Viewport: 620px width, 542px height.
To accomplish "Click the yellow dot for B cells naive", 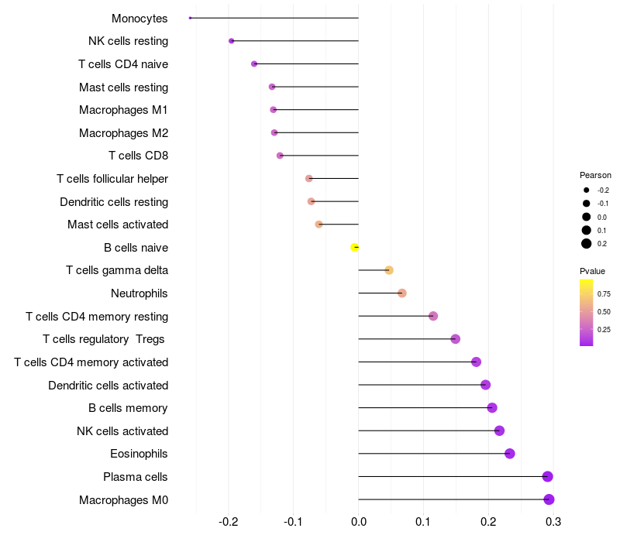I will click(355, 247).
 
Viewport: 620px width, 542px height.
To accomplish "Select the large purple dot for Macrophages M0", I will click(549, 499).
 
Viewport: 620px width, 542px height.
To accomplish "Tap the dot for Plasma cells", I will click(548, 477).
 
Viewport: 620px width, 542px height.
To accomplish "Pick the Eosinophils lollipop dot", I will click(509, 454).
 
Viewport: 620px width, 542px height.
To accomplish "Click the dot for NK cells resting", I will click(231, 41).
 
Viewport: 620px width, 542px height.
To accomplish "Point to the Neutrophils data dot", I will click(401, 293).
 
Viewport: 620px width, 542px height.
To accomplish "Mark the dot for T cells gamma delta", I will click(389, 270).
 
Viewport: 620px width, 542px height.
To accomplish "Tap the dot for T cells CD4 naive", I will click(254, 63).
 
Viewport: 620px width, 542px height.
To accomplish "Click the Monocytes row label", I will click(139, 19).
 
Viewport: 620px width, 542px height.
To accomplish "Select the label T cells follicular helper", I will click(112, 179).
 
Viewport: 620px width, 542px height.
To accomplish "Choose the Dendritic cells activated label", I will click(108, 385).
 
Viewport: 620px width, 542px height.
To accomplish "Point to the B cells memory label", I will click(128, 408).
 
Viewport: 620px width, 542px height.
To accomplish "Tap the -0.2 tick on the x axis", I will click(229, 523).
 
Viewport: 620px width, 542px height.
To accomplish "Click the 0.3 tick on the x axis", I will click(553, 523).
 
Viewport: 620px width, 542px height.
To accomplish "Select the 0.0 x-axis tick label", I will click(359, 523).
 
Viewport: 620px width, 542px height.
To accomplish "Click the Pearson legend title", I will click(595, 175).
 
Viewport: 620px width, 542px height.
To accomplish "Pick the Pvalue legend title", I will click(592, 271).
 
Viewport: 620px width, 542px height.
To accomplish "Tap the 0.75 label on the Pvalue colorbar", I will click(604, 294).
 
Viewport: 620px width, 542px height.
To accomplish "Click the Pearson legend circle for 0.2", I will click(587, 244).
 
